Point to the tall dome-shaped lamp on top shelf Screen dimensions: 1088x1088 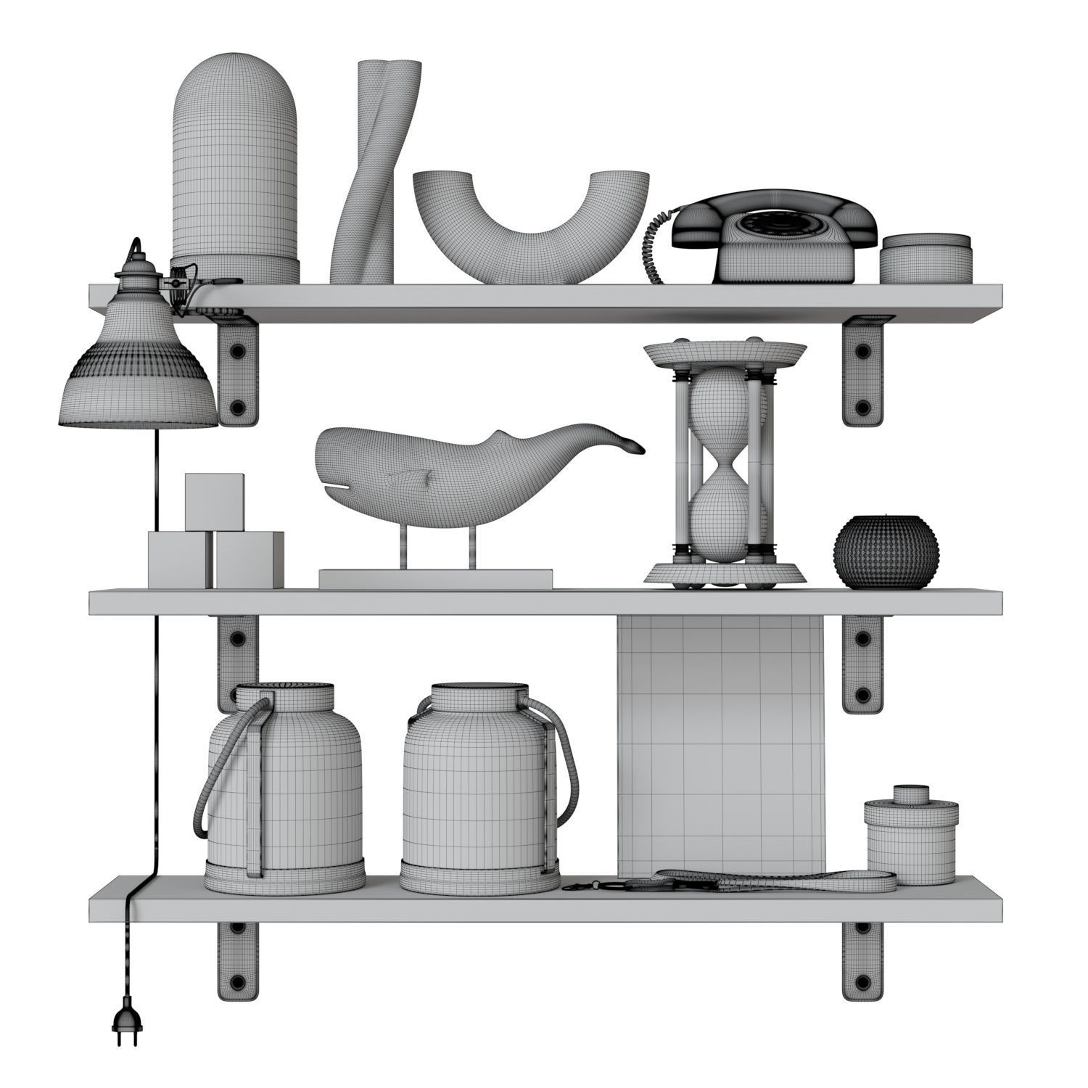tap(235, 167)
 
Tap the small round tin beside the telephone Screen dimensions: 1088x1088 tap(926, 257)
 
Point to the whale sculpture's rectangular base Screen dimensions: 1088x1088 tap(435, 579)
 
